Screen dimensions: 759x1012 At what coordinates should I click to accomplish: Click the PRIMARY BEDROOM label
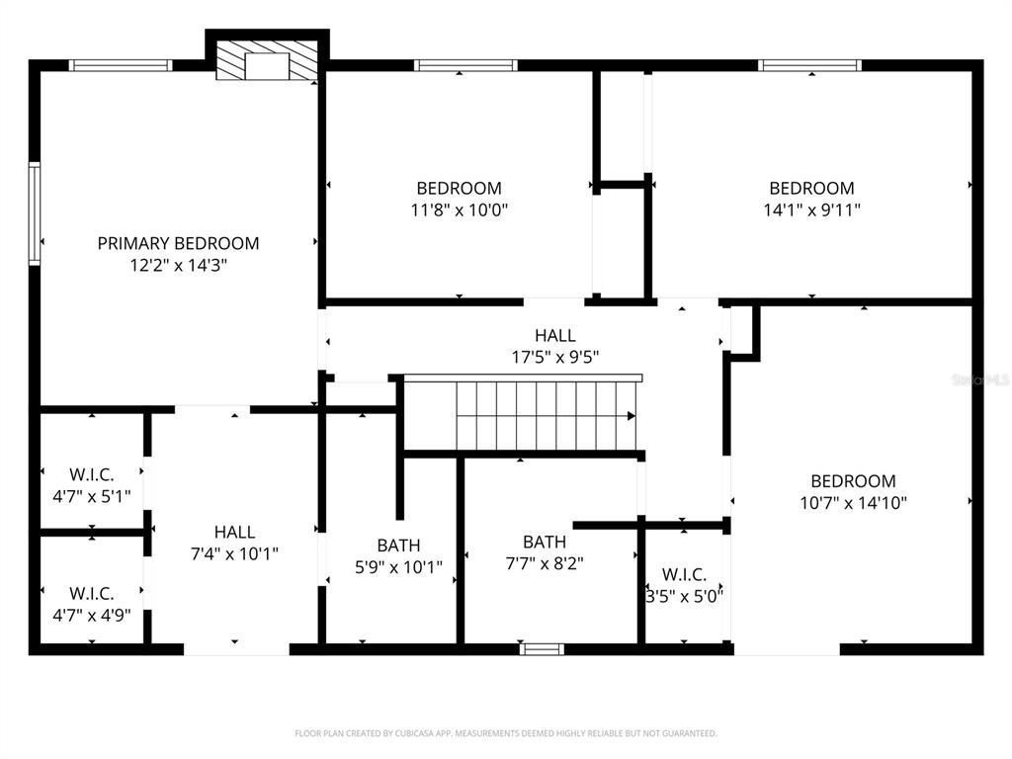178,243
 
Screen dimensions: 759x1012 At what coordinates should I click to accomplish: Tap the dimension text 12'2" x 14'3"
178,265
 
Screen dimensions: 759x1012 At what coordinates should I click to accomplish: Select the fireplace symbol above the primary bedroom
265,60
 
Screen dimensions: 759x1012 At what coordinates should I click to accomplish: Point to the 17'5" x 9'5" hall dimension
554,358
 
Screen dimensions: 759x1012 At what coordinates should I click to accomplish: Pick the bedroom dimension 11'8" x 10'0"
459,210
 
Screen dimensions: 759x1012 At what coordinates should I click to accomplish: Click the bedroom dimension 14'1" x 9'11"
811,210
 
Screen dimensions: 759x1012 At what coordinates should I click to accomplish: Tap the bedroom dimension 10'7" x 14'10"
853,502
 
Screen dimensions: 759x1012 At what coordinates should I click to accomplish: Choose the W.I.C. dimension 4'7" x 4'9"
92,615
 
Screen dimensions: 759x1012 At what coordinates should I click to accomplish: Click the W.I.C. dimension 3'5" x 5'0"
684,596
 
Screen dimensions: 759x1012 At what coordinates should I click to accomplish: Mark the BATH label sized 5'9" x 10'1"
398,546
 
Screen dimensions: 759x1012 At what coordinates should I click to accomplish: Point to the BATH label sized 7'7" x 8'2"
545,542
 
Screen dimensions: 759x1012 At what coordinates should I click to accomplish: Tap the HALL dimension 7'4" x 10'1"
234,553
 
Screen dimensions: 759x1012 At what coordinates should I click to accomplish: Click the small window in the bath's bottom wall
542,649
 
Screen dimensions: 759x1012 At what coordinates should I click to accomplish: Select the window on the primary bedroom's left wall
35,213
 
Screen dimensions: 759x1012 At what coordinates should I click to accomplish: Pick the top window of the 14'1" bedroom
809,66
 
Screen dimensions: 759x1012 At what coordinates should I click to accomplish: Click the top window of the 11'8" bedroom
465,66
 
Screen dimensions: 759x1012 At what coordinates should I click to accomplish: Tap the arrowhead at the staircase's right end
632,416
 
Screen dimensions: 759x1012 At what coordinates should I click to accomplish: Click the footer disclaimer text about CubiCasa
505,733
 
